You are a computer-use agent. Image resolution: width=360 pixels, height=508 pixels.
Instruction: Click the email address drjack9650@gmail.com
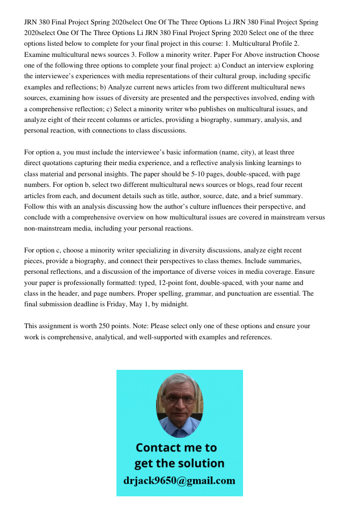[179, 480]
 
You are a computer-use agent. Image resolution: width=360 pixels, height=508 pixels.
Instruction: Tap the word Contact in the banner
[159, 448]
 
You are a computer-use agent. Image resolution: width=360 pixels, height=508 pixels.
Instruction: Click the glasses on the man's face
[179, 399]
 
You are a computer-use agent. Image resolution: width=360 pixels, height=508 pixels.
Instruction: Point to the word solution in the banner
[200, 463]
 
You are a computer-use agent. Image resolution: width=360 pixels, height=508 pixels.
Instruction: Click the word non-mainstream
[47, 228]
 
